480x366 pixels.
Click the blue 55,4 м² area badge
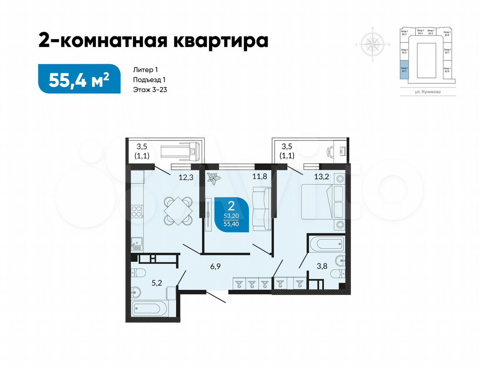(79, 79)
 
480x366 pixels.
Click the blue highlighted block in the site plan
(404, 69)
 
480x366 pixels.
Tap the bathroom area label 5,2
(156, 283)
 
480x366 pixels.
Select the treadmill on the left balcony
(183, 150)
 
